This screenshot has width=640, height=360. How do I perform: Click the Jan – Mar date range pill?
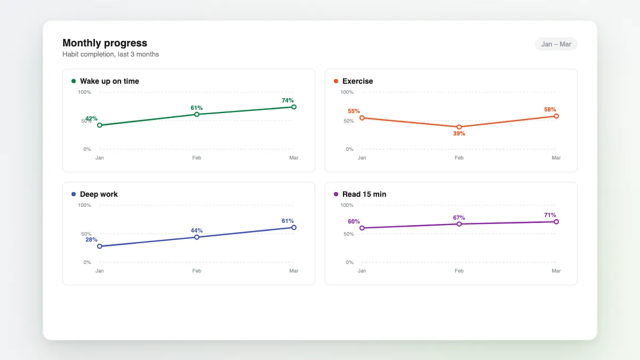click(x=556, y=44)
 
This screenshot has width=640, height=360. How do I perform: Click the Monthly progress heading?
click(x=105, y=43)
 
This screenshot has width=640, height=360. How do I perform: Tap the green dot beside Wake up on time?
click(x=74, y=81)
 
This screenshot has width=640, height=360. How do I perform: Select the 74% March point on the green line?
click(x=294, y=107)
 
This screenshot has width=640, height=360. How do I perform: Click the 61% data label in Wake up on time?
click(x=197, y=108)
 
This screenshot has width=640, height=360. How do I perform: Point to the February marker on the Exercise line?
click(x=459, y=127)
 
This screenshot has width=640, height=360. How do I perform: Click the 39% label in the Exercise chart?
click(x=459, y=133)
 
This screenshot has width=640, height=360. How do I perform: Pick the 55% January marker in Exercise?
click(x=362, y=118)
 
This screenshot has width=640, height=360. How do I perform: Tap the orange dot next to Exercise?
click(x=336, y=81)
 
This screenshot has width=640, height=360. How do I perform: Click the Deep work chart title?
click(x=99, y=194)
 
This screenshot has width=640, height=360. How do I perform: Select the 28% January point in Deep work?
click(x=99, y=246)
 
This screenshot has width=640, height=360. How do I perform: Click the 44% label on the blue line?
click(x=197, y=230)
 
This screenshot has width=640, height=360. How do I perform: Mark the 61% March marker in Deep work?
click(x=294, y=227)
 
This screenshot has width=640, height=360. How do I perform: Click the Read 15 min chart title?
click(x=364, y=194)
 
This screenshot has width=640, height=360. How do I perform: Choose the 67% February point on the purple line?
click(x=459, y=224)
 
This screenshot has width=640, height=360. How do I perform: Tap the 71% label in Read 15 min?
click(x=550, y=215)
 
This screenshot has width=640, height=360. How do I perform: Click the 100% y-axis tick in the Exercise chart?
click(x=347, y=92)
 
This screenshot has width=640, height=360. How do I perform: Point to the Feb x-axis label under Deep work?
click(x=197, y=270)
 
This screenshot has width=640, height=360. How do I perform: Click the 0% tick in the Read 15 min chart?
click(x=349, y=262)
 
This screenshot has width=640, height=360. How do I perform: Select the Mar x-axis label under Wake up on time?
click(x=294, y=158)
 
